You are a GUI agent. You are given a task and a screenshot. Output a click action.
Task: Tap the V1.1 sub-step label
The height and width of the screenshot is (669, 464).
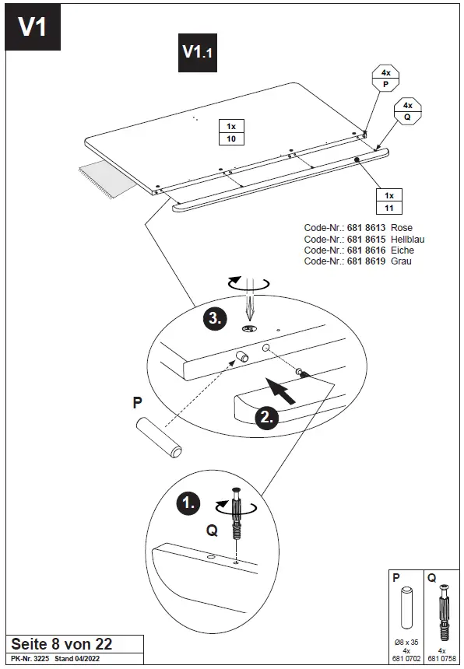pyautogui.click(x=197, y=52)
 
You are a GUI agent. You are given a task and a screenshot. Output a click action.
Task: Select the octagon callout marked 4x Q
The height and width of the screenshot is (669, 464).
pyautogui.click(x=407, y=110)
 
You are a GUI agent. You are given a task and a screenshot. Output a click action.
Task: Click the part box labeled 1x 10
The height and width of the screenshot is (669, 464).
pyautogui.click(x=230, y=132)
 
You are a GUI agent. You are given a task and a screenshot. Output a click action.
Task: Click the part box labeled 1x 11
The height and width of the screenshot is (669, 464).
pyautogui.click(x=389, y=201)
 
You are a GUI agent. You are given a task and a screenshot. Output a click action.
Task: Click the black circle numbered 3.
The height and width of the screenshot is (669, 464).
pyautogui.click(x=215, y=317)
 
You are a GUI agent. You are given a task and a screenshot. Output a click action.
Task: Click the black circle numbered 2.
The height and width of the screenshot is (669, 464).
pyautogui.click(x=266, y=417)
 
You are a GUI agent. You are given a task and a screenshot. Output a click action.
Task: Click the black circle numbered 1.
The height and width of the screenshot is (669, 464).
pyautogui.click(x=188, y=503)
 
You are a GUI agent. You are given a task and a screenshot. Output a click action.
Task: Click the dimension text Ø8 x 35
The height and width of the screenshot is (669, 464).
pyautogui.click(x=406, y=642)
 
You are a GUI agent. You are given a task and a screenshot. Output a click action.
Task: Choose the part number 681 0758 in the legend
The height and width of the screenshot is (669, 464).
pyautogui.click(x=441, y=658)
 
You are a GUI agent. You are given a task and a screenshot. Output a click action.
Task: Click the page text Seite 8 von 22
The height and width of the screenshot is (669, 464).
pyautogui.click(x=61, y=643)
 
